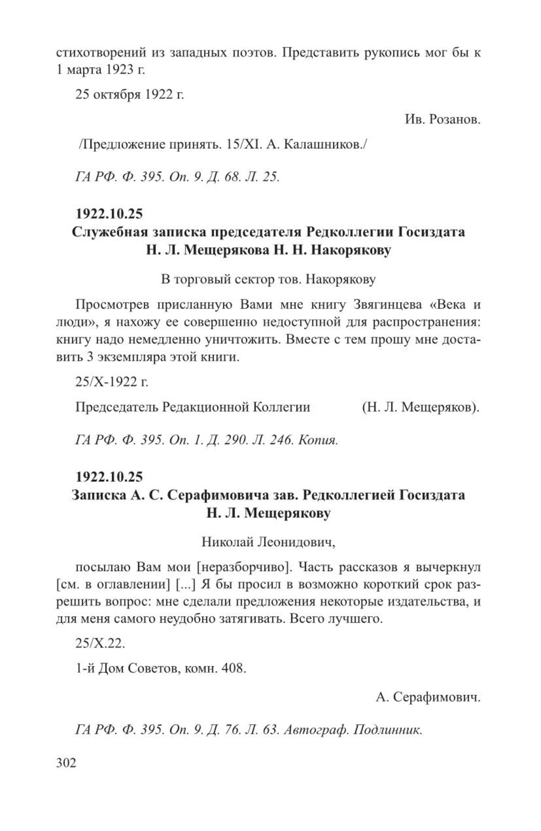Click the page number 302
tap(66, 763)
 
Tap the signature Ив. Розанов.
tap(442, 120)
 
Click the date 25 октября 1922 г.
tap(129, 94)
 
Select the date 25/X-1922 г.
tap(112, 382)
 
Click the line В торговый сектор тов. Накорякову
tap(268, 280)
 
